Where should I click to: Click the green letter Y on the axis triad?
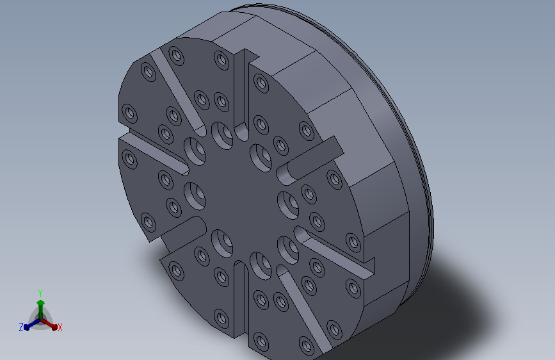point(40,293)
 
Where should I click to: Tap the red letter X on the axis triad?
point(60,327)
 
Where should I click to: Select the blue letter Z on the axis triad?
point(21,327)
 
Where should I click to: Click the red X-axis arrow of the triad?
point(49,324)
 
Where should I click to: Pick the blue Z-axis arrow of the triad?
point(32,324)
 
